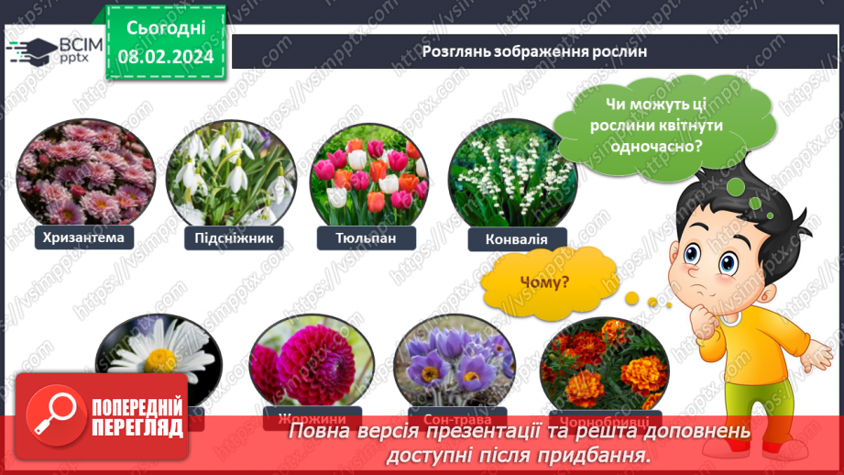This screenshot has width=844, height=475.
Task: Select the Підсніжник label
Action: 235,238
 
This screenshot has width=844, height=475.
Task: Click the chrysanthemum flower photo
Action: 84,174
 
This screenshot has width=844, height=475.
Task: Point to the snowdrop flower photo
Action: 232,175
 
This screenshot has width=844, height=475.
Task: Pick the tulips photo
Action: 369,174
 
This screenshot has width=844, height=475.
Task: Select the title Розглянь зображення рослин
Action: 534,51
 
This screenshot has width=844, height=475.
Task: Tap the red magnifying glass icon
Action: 51,414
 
